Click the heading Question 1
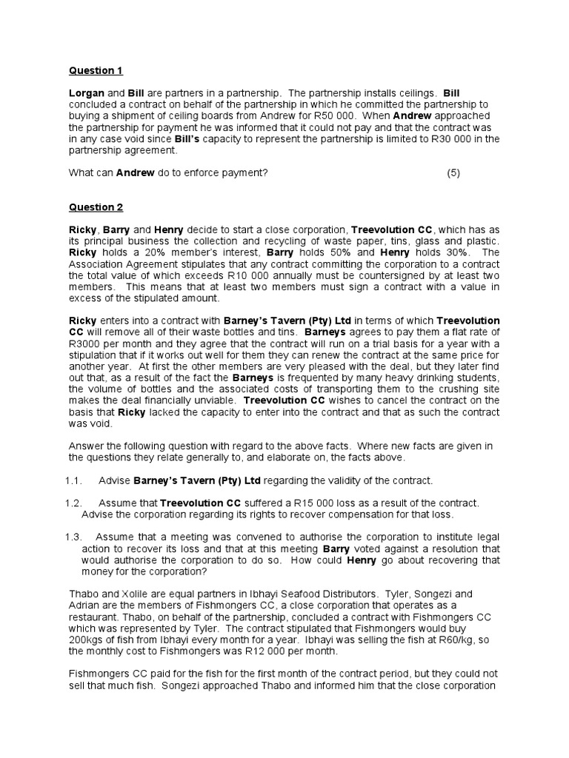pyautogui.click(x=96, y=71)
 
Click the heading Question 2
pyautogui.click(x=96, y=207)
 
